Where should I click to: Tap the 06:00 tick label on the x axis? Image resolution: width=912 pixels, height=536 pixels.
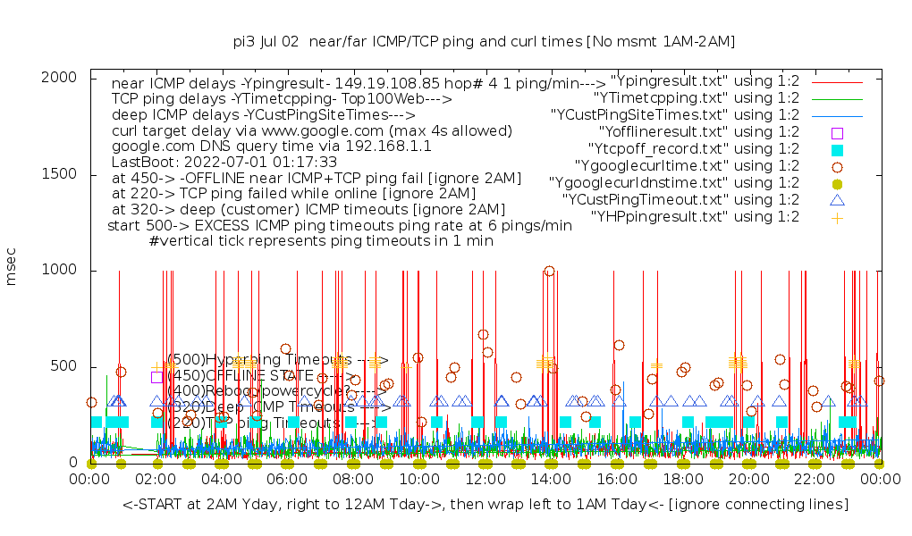pos(288,481)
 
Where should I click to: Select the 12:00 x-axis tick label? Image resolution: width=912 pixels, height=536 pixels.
pos(486,481)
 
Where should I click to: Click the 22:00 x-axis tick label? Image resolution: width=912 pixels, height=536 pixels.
pos(815,481)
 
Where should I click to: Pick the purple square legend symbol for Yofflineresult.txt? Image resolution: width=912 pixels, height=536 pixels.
pos(838,132)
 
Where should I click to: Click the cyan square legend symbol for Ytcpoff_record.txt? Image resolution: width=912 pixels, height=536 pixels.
pos(838,149)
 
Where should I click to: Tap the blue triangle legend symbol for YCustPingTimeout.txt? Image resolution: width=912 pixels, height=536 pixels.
pos(838,200)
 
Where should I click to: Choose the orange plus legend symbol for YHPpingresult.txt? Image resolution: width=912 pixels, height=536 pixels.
pos(838,217)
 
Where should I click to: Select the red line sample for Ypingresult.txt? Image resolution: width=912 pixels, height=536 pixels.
pos(838,81)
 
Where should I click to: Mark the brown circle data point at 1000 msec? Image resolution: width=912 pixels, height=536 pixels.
pos(549,272)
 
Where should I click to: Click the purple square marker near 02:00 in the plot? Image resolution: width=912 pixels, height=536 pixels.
pos(157,377)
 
